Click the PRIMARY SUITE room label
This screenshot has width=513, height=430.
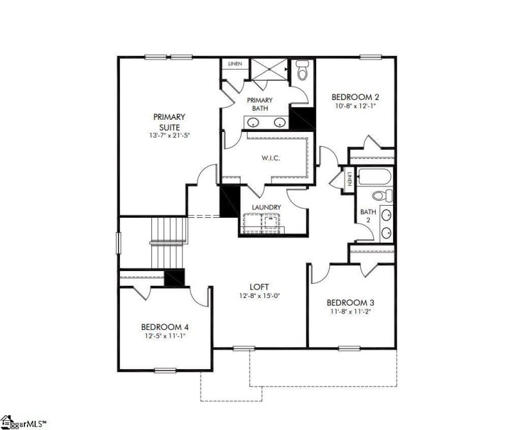coord(169,122)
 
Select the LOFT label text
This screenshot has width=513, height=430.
coord(259,286)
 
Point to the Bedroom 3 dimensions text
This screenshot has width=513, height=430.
coord(350,311)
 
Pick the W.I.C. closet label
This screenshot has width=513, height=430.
coord(268,158)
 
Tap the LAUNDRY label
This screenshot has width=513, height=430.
coord(266,207)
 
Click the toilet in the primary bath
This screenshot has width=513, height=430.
coord(302,70)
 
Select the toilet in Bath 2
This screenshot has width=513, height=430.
coord(378,195)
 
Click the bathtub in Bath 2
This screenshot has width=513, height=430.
coord(375,176)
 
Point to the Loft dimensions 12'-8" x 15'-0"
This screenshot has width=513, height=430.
coord(259,296)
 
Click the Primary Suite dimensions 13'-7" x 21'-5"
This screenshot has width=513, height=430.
coord(169,136)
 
